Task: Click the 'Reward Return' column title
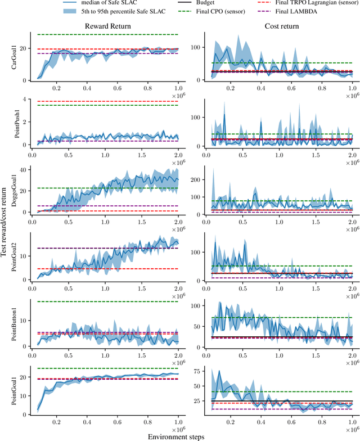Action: tap(108, 26)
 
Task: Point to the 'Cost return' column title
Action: tap(280, 26)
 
